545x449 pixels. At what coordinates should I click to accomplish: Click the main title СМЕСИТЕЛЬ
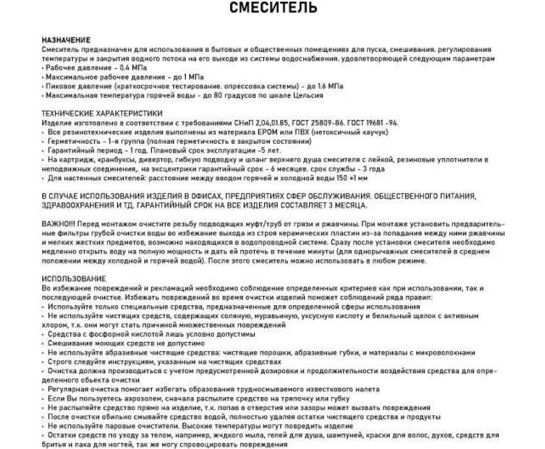click(x=272, y=8)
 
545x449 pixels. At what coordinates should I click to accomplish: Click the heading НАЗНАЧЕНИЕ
click(x=65, y=40)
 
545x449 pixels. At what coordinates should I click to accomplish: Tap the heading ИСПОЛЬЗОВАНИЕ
click(x=74, y=280)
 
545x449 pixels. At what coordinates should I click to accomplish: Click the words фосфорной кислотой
click(x=126, y=334)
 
